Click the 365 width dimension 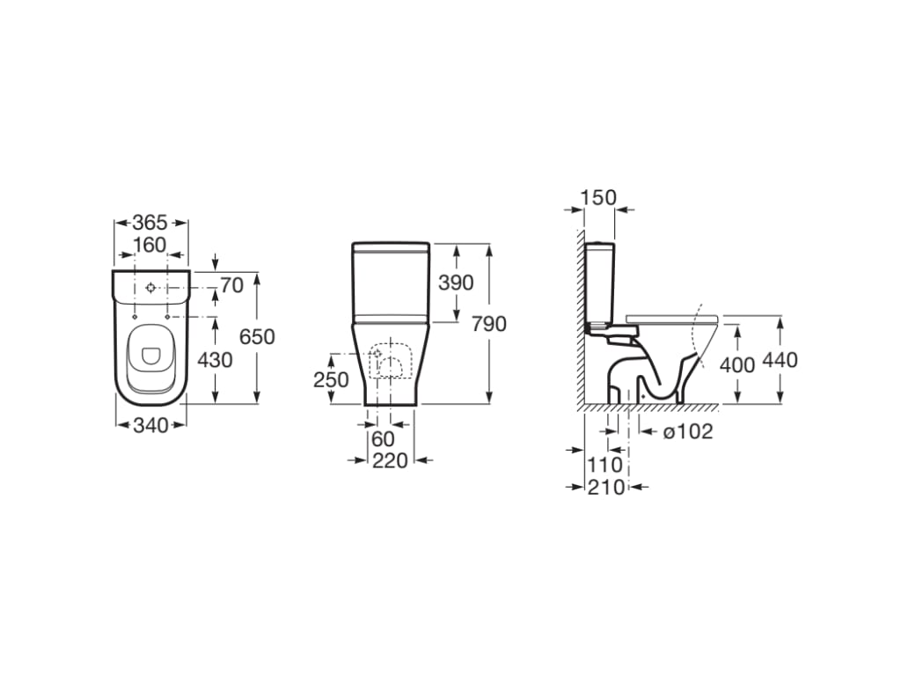click(x=150, y=224)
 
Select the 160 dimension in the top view click(x=150, y=244)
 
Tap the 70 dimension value click(x=231, y=285)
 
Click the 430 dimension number click(x=216, y=360)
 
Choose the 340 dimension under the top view click(x=150, y=426)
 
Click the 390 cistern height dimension click(x=456, y=283)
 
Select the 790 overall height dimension click(x=489, y=324)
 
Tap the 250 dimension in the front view click(x=331, y=379)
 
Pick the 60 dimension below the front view click(x=384, y=439)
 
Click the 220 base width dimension click(x=390, y=460)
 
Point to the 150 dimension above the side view click(x=599, y=197)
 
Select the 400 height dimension click(x=737, y=364)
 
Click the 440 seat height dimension click(x=780, y=360)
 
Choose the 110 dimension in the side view click(x=604, y=464)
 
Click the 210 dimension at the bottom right click(x=607, y=487)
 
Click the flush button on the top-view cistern click(x=150, y=288)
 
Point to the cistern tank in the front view click(x=391, y=282)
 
